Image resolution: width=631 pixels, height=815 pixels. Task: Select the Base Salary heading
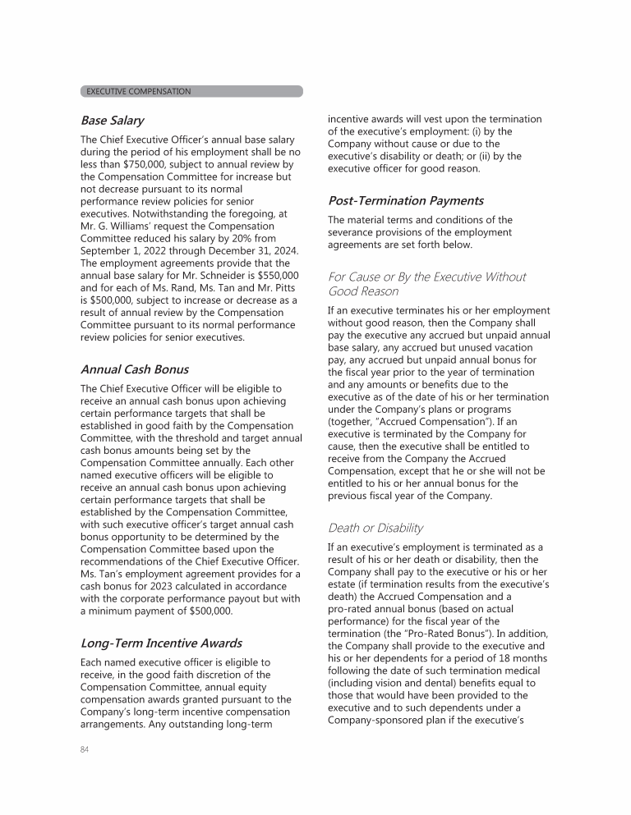(112, 121)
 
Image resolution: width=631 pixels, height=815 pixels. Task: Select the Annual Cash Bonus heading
(134, 369)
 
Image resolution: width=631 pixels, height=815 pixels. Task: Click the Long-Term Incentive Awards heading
(161, 643)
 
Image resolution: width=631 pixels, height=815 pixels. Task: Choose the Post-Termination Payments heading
(406, 200)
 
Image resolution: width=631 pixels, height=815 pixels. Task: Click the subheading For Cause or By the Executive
(426, 277)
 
